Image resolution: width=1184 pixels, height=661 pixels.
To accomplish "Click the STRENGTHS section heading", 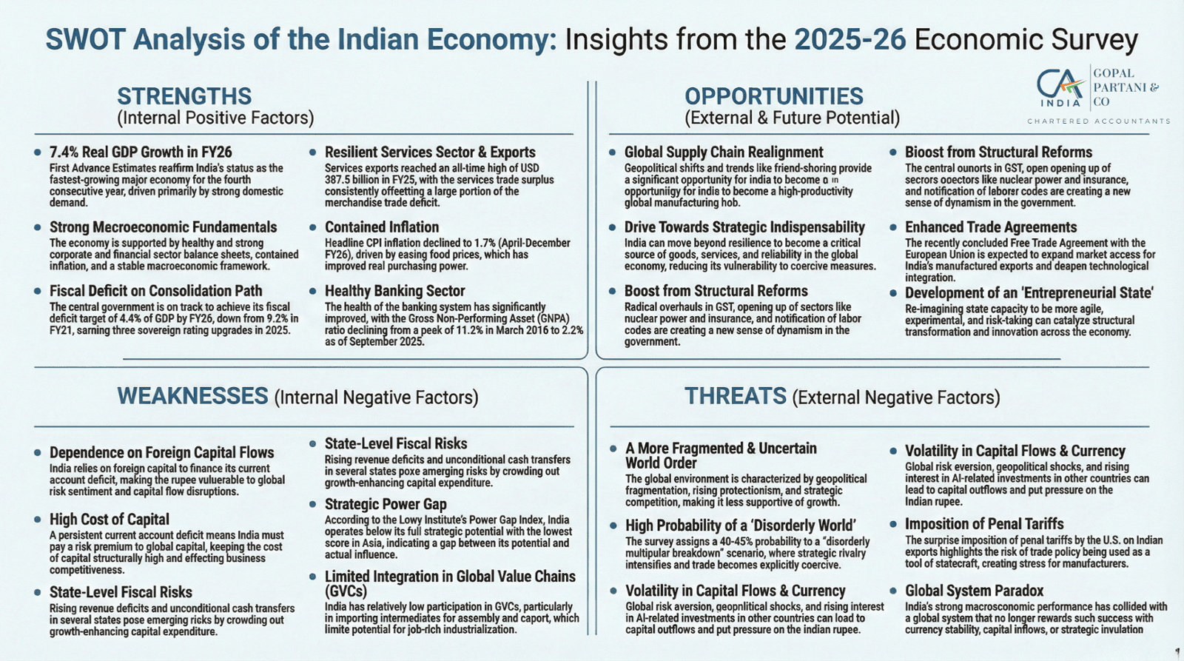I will [184, 96].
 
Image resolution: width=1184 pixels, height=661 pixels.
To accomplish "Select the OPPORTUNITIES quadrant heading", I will [773, 96].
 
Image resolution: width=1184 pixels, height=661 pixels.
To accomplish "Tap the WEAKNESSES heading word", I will [192, 396].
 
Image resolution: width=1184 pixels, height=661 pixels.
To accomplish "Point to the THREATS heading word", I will [735, 396].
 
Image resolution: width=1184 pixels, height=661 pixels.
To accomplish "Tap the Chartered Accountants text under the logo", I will [1098, 121].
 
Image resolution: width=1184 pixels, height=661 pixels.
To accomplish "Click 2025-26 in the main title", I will [850, 39].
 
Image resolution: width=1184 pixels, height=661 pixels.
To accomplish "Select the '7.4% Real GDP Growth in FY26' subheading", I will [141, 152].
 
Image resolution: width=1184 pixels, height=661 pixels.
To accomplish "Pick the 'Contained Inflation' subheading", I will [382, 227].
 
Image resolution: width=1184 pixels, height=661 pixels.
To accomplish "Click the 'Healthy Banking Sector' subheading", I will [394, 291].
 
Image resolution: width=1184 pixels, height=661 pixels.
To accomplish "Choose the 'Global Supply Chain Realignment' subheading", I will [723, 152].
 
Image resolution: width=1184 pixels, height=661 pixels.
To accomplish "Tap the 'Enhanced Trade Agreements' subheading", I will [990, 227].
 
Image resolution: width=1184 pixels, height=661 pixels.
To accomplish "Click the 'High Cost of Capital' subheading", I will [110, 520].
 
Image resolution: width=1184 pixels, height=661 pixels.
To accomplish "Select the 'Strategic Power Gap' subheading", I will [386, 504].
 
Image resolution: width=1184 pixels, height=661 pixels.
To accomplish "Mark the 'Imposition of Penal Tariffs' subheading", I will [984, 524].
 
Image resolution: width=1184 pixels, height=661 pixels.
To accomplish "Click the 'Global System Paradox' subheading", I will [974, 591].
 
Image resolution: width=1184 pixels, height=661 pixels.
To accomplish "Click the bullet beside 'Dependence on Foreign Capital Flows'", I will [38, 452].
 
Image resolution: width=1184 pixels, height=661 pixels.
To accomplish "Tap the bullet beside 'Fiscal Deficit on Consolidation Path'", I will [38, 291].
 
